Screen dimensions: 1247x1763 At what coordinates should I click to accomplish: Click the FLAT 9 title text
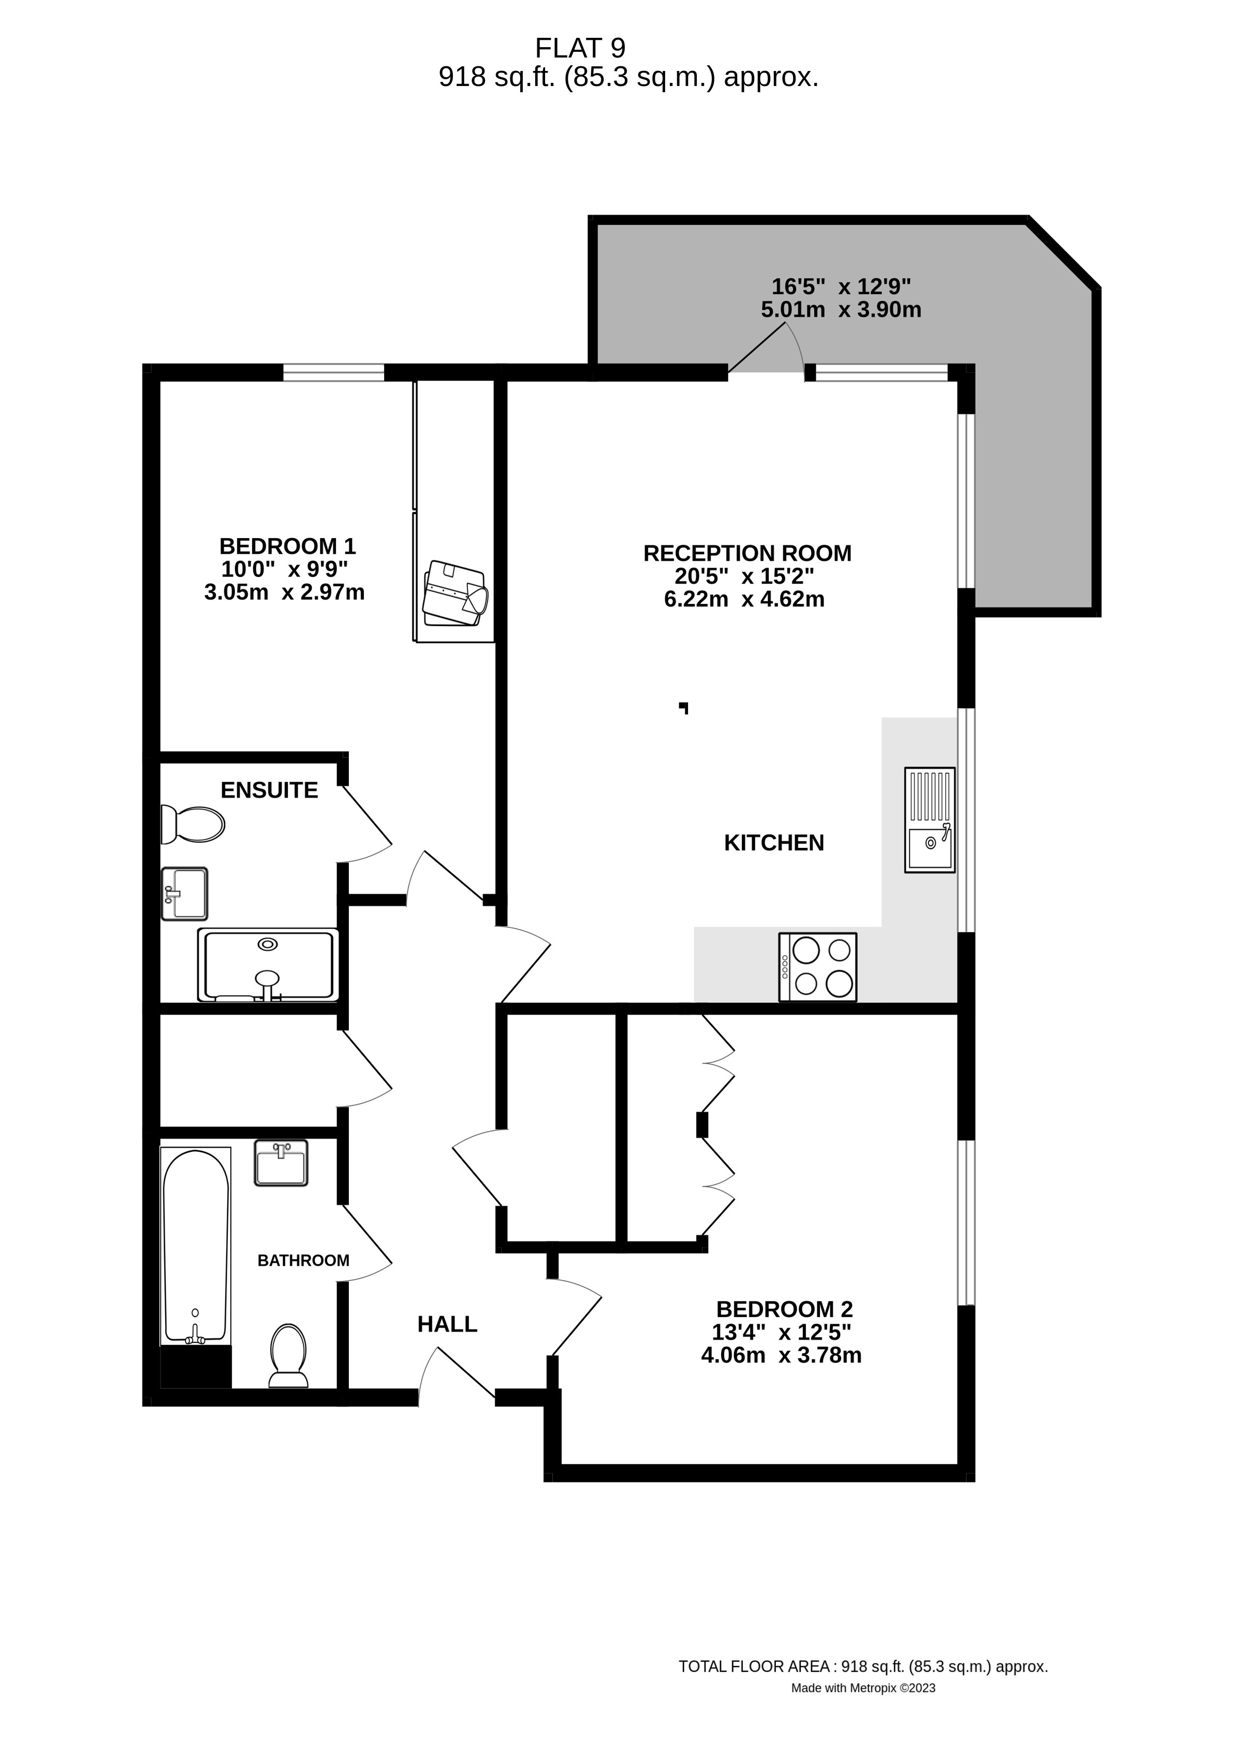point(580,48)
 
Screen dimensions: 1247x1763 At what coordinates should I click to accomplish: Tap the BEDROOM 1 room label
point(287,546)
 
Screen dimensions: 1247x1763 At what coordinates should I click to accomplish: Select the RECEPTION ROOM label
point(747,553)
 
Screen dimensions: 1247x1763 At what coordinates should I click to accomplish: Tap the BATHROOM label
point(303,1261)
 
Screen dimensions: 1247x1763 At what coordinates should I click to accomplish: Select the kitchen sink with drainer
point(930,820)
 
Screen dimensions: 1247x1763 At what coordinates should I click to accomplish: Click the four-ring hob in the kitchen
point(818,966)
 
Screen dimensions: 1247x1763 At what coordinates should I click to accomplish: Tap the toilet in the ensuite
point(193,824)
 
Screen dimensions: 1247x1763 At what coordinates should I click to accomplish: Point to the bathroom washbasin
point(281,1164)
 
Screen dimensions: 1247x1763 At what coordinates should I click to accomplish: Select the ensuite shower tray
point(268,965)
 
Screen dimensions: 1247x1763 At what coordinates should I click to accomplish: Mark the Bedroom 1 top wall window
point(334,372)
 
